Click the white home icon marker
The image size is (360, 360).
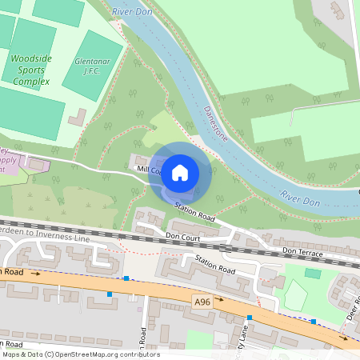coord(180,172)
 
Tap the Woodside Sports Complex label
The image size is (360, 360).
coord(30,70)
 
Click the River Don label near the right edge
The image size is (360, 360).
coord(302,198)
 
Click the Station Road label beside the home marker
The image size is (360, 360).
coord(196,212)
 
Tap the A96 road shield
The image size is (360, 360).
coord(202,300)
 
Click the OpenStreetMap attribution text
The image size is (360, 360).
coord(81,354)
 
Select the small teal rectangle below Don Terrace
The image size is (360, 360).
coord(313,274)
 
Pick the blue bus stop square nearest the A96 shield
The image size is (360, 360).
coord(250,318)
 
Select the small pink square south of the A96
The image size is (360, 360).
coord(139,309)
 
